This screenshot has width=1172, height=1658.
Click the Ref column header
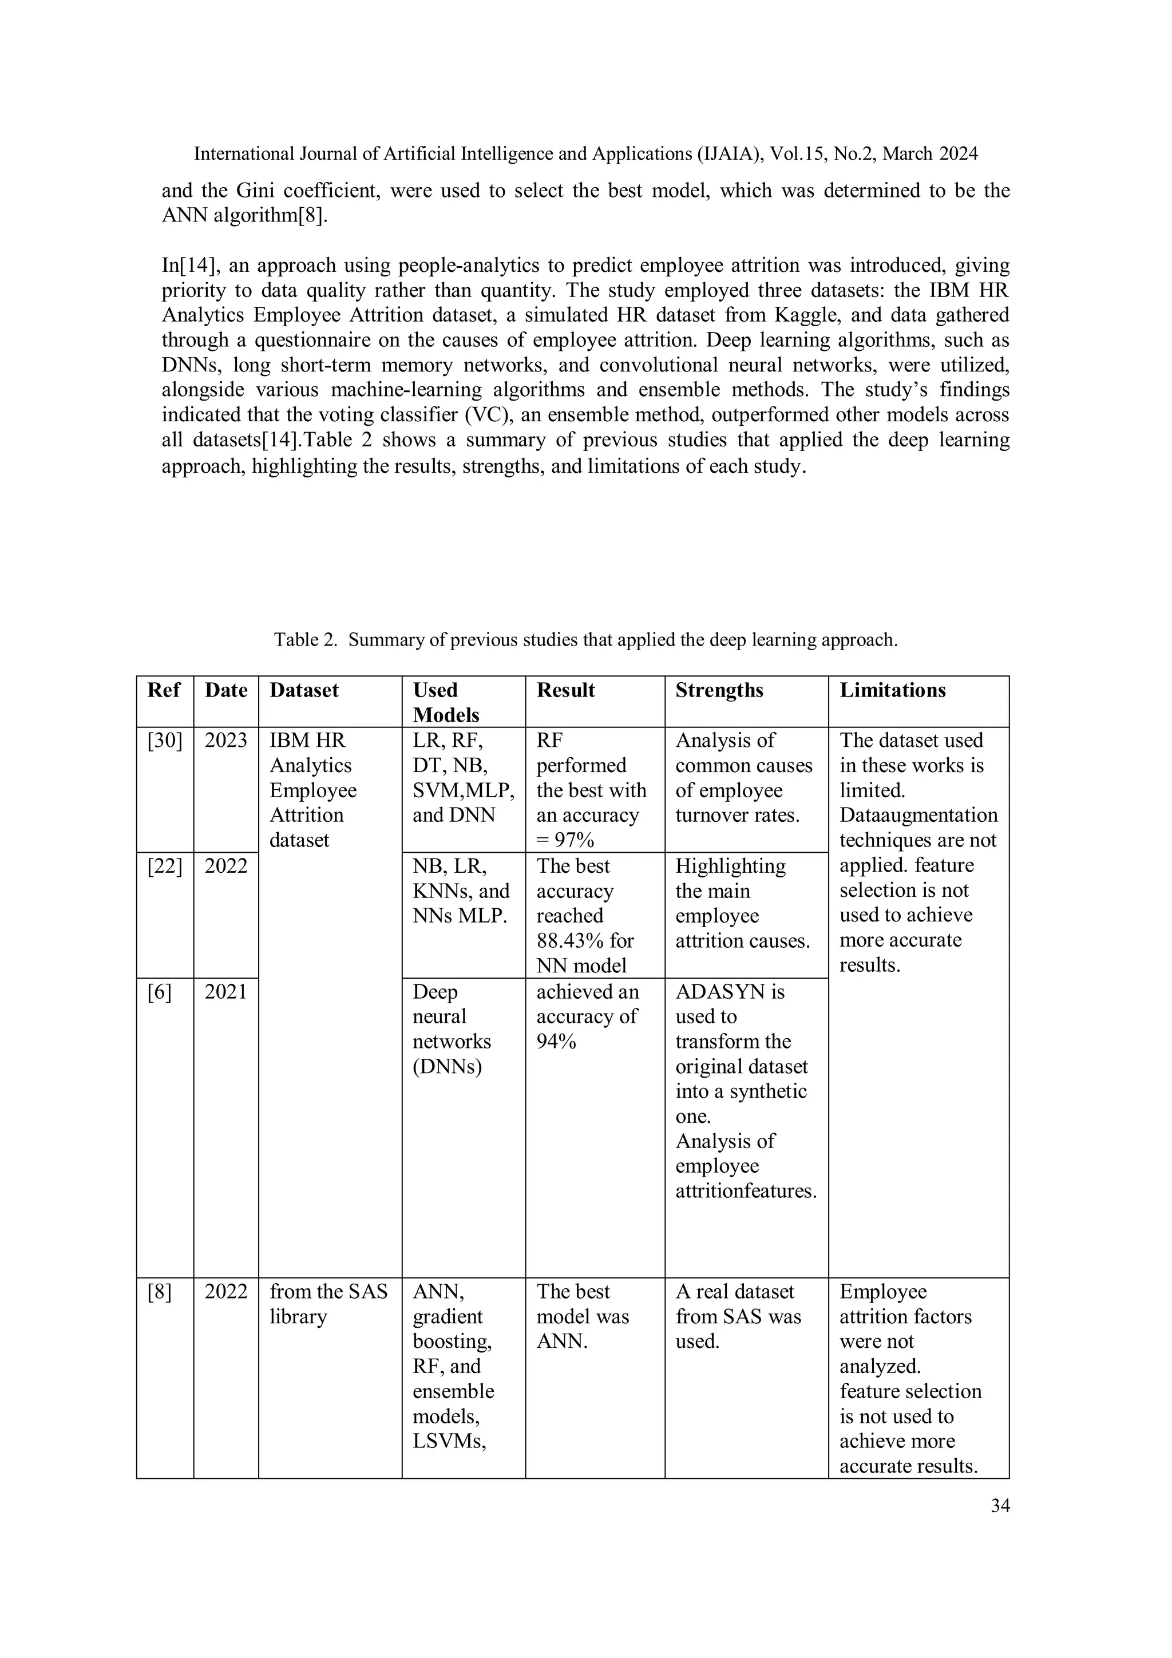(163, 690)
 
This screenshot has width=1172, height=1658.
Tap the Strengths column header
(719, 690)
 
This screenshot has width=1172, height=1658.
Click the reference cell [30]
(165, 740)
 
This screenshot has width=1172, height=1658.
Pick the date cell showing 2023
(225, 740)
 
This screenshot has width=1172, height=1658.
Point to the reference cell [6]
(159, 992)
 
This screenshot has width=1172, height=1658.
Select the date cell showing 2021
(225, 992)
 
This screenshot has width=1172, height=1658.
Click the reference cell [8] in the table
(159, 1292)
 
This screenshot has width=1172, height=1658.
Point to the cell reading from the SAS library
(328, 1304)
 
